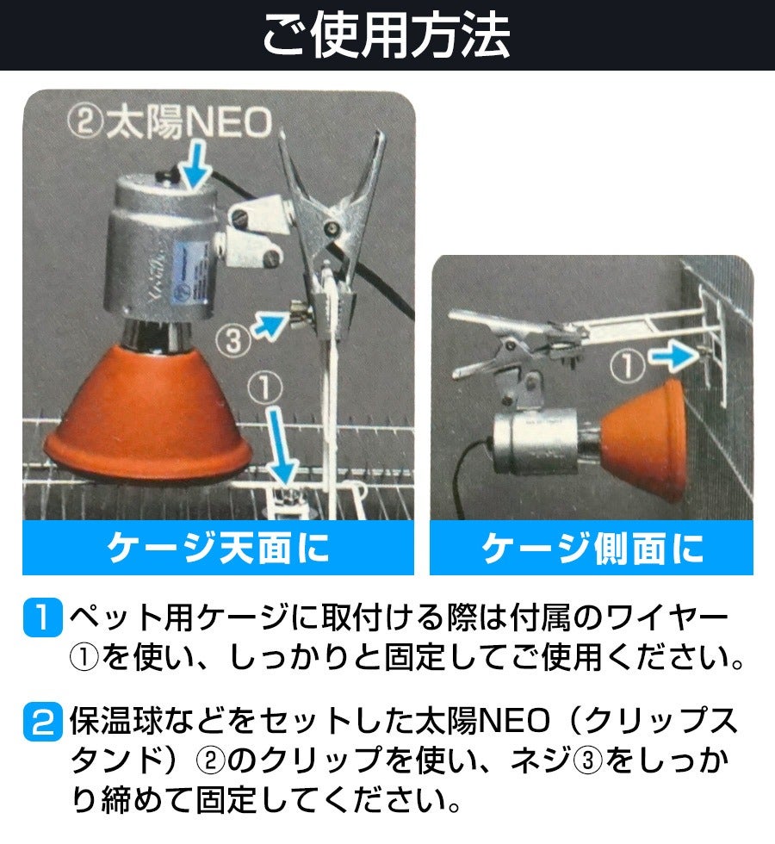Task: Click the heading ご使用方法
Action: coord(387,35)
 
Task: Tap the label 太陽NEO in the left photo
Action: coord(189,122)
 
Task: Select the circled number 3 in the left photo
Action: coord(233,341)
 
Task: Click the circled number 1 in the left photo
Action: coord(265,387)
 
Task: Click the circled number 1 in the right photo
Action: coord(628,365)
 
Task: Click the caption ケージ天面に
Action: coord(218,548)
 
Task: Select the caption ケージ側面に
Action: coord(592,548)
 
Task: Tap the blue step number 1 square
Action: coord(42,617)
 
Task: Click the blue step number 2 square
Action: coord(42,722)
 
